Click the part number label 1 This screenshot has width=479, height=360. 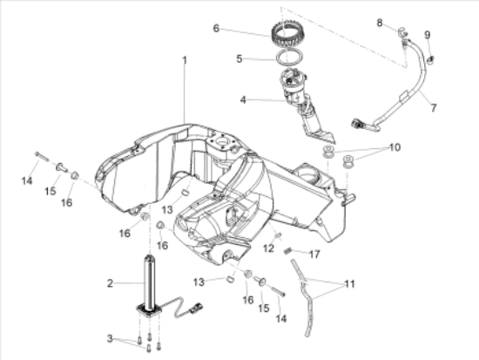click(x=185, y=60)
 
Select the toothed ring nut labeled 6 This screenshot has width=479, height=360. click(x=285, y=36)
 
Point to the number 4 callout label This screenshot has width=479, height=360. click(x=243, y=99)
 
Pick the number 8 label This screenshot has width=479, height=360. click(x=380, y=23)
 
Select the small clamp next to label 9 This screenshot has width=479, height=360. click(x=431, y=59)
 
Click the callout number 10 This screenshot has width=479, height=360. click(x=395, y=147)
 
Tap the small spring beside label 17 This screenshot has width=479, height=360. click(x=287, y=251)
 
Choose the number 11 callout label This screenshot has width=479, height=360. click(x=350, y=284)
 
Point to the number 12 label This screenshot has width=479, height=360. click(x=268, y=248)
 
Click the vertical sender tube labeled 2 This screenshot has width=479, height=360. click(x=150, y=283)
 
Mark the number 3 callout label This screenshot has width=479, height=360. click(x=110, y=338)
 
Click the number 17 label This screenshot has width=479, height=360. click(x=314, y=254)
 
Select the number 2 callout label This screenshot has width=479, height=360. click(x=110, y=283)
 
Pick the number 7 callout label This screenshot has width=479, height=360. click(x=434, y=108)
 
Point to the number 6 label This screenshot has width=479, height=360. click(x=216, y=28)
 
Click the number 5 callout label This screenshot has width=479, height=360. click(x=239, y=58)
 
